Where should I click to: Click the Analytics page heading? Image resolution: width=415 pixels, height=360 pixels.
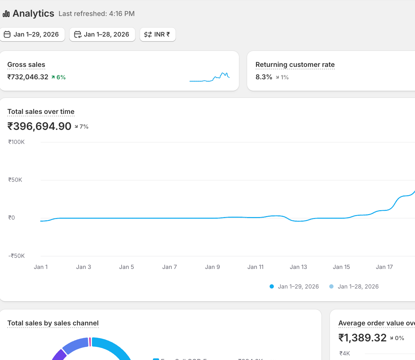(x=33, y=14)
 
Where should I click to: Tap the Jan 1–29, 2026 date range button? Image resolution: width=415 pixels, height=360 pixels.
(x=32, y=35)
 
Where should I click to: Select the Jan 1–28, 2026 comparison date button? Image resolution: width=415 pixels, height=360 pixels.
(x=102, y=35)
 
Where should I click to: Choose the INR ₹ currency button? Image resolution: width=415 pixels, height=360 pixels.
(x=157, y=35)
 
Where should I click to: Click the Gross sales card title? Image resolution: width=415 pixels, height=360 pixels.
(x=26, y=65)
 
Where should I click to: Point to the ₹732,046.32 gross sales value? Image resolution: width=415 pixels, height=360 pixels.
(x=28, y=77)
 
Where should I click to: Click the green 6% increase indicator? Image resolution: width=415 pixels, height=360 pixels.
(x=59, y=77)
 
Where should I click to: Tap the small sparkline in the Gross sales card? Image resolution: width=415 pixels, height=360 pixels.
(x=210, y=77)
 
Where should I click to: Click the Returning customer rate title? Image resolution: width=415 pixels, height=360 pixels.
(x=295, y=65)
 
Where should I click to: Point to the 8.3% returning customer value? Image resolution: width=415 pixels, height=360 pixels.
(x=263, y=77)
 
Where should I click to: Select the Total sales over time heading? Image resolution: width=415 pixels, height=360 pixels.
(x=41, y=112)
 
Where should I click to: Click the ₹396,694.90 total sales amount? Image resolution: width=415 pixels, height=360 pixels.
(x=39, y=126)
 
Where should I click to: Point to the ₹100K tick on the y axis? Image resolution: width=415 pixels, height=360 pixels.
(x=16, y=142)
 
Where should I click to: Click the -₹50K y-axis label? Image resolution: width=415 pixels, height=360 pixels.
(x=16, y=256)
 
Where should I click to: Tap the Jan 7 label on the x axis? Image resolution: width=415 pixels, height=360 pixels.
(x=170, y=267)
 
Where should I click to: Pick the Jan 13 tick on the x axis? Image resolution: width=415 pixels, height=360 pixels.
(x=298, y=267)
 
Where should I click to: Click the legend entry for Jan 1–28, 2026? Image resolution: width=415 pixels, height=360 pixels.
(x=358, y=287)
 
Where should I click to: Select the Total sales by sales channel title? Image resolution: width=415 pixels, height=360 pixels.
(x=53, y=323)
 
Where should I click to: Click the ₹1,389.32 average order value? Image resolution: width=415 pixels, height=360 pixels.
(x=362, y=338)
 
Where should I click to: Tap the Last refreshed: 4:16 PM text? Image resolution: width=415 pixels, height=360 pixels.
(x=96, y=14)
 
